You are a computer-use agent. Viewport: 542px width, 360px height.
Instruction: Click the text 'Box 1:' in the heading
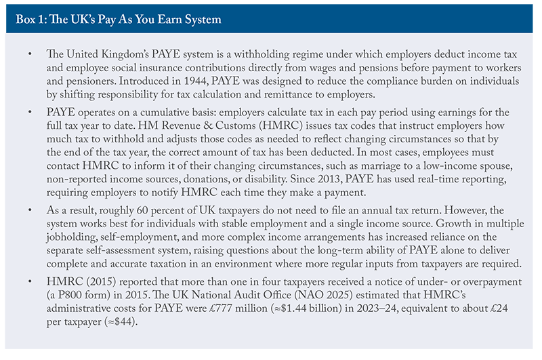coord(28,18)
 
